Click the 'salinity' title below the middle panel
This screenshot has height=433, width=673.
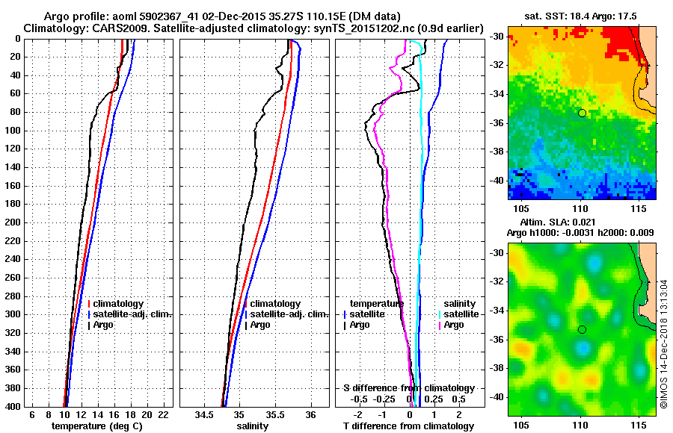[x=253, y=426]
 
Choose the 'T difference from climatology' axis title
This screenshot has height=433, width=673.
[x=408, y=426]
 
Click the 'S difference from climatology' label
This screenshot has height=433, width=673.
[x=408, y=388]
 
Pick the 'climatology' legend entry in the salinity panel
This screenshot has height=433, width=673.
[x=275, y=304]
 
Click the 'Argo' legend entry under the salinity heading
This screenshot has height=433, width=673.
[x=454, y=325]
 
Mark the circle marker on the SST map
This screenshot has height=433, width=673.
[x=582, y=113]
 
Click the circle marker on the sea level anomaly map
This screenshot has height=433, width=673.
[x=582, y=329]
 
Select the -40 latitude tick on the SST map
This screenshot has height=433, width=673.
[x=495, y=181]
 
